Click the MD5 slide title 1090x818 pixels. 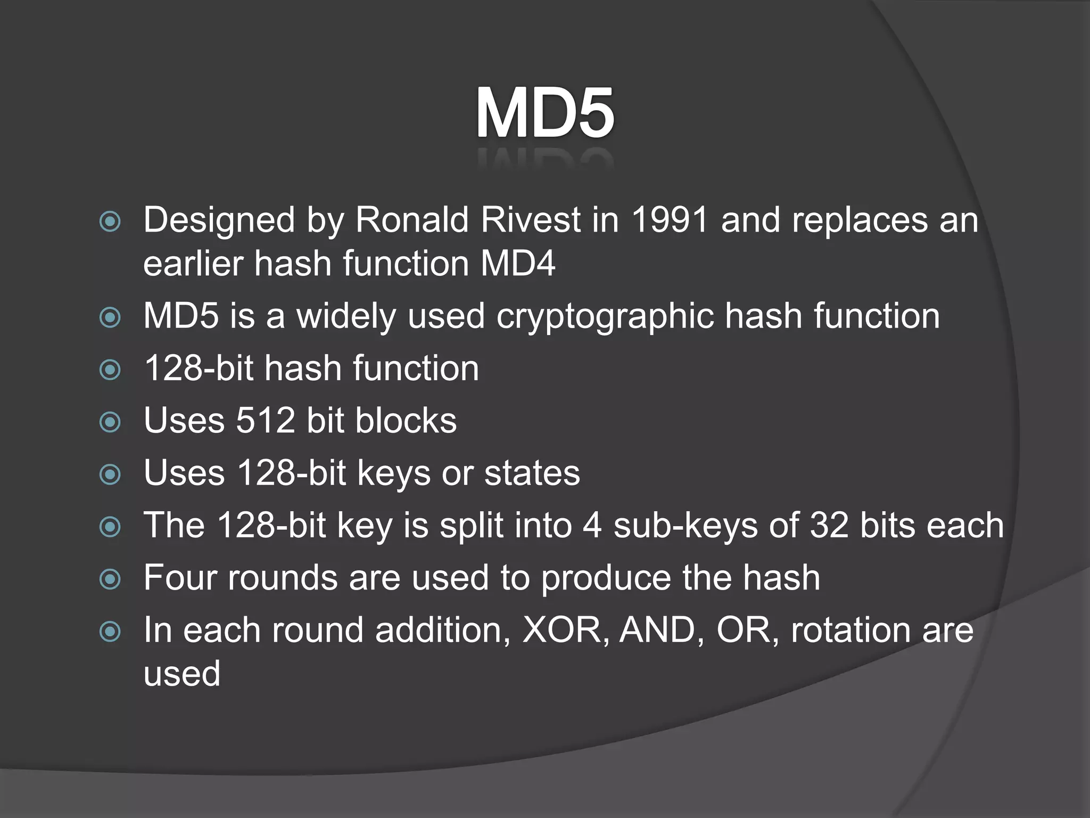point(545,113)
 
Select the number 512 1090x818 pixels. point(265,421)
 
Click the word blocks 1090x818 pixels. point(406,421)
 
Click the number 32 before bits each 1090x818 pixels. point(829,525)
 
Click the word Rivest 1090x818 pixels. point(530,219)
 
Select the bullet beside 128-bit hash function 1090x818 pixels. point(110,369)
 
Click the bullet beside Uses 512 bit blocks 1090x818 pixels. point(110,422)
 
